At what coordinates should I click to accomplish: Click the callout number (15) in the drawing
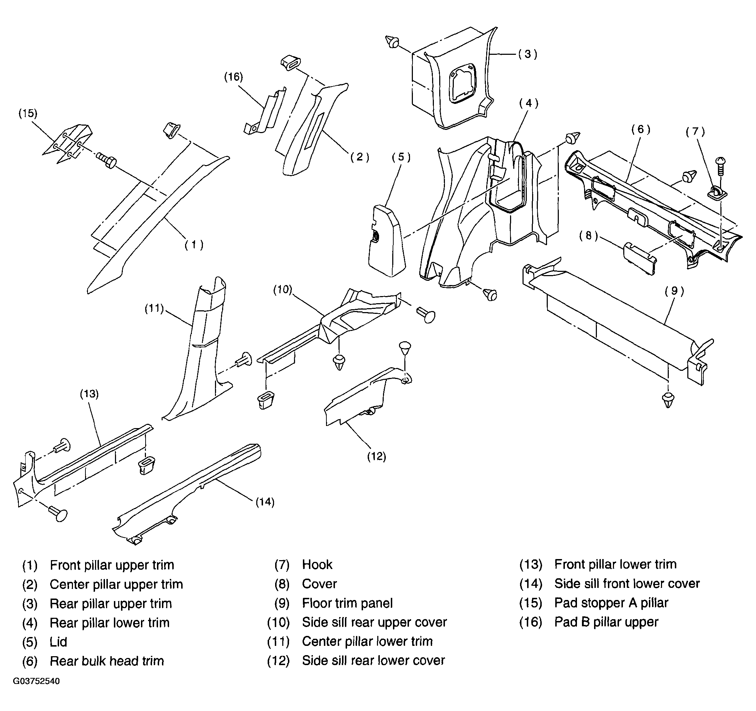tap(28, 114)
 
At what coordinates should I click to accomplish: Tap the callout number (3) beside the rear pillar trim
tap(528, 54)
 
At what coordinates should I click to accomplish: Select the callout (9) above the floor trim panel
tap(674, 291)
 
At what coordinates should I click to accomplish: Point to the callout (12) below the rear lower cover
tap(377, 456)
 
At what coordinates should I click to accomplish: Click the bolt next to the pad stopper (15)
tap(106, 160)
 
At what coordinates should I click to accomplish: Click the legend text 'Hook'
tap(317, 565)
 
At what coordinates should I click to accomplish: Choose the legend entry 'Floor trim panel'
tap(347, 603)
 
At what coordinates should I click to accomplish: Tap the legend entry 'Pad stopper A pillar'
tap(611, 602)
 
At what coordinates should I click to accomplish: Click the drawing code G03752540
tap(37, 681)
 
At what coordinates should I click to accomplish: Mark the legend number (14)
tap(531, 584)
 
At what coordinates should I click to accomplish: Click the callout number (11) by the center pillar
tap(154, 308)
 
